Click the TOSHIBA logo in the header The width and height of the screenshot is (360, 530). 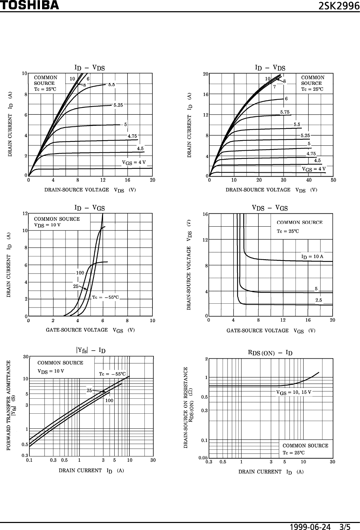[x=29, y=5]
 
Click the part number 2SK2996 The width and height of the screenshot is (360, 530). [x=339, y=6]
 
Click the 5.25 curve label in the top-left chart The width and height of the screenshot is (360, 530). [x=118, y=105]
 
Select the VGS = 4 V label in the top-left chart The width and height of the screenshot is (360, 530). [x=134, y=163]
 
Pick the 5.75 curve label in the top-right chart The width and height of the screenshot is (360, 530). [x=285, y=112]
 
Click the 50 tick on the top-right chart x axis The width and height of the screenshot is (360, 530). [x=333, y=180]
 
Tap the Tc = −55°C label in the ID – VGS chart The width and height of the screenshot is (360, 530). [x=105, y=297]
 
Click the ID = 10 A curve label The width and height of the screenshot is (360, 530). [x=312, y=257]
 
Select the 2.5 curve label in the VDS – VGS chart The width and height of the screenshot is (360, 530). [x=319, y=300]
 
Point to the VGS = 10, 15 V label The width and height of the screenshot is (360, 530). [x=294, y=392]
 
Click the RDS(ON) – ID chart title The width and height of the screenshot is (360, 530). [x=270, y=353]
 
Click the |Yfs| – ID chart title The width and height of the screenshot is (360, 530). [x=91, y=350]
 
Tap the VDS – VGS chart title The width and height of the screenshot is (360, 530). [x=270, y=208]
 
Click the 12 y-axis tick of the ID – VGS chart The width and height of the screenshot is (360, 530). [x=25, y=214]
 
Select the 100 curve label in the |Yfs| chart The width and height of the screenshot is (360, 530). [x=109, y=400]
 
